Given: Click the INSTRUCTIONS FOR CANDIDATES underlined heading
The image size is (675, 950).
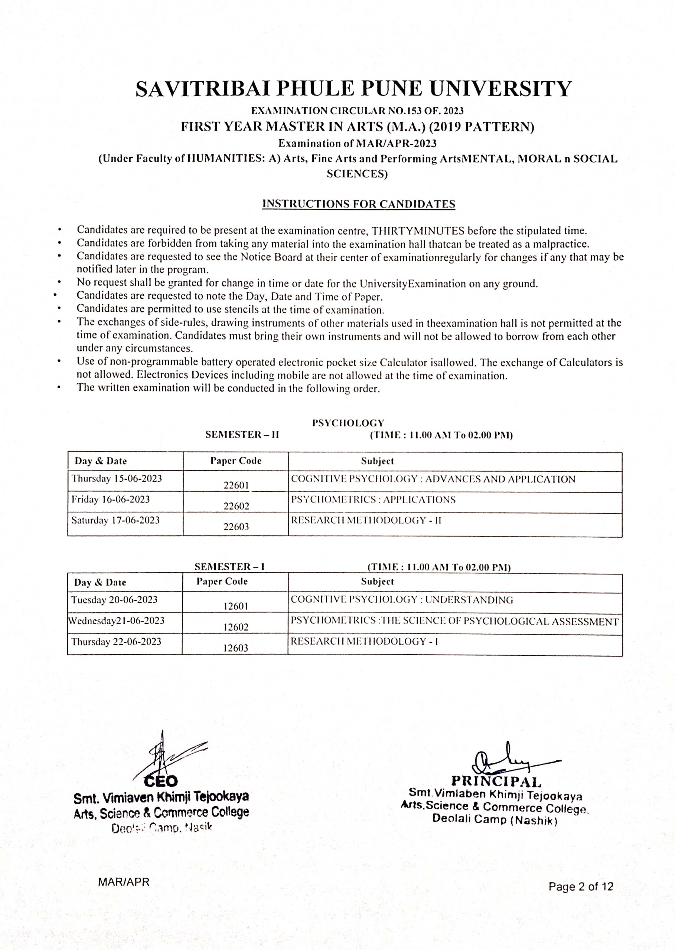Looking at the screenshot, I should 359,204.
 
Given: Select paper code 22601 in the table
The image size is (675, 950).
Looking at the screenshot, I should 236,485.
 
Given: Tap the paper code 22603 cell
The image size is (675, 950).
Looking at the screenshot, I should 236,526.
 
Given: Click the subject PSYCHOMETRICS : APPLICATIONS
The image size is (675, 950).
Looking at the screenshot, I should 373,500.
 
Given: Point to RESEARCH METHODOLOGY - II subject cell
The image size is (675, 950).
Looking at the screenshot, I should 366,521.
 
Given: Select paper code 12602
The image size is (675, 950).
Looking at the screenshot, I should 236,627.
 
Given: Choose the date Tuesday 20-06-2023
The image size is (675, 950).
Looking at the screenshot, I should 114,600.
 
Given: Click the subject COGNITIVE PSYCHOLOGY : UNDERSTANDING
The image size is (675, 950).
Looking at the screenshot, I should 401,600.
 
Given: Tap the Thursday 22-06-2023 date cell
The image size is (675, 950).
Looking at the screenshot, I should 116,642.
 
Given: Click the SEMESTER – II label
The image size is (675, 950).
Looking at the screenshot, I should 242,435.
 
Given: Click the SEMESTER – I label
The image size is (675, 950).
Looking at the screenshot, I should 229,567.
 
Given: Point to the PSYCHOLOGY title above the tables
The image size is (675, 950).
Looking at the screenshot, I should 348,423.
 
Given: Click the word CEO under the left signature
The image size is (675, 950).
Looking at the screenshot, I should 160,782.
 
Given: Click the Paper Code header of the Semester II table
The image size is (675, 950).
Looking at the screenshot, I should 236,461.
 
